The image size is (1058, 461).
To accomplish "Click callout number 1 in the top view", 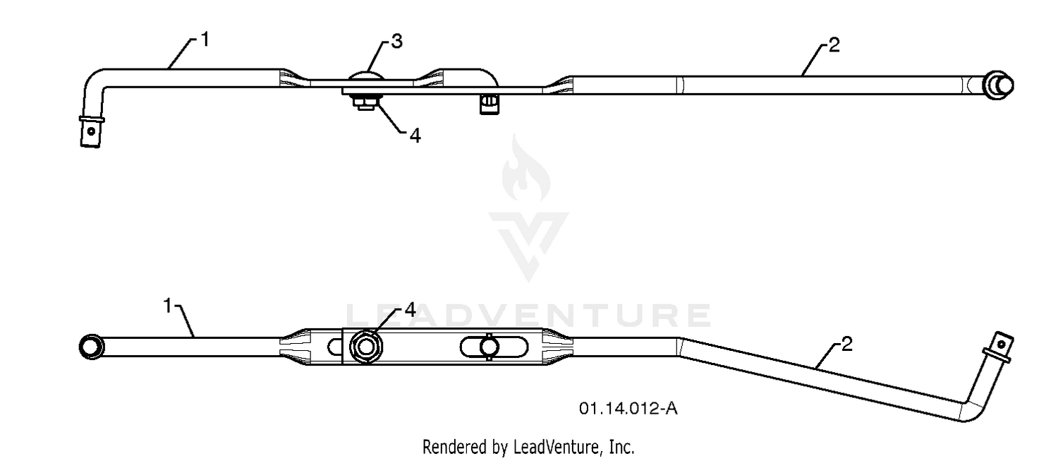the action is click(205, 40).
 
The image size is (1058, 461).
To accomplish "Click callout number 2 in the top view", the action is click(834, 45).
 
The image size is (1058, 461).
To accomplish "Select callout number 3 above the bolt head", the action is click(396, 42).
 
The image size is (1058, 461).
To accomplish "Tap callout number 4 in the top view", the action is click(415, 136).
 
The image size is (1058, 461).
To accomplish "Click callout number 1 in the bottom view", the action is click(168, 306).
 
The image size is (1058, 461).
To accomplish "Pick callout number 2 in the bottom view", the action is click(847, 345).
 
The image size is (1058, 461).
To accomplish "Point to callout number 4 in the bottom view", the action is click(410, 310).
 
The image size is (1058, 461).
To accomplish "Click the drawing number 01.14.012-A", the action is click(628, 409).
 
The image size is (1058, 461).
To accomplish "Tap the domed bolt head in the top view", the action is click(365, 76).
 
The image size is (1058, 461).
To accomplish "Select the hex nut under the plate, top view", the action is click(367, 102).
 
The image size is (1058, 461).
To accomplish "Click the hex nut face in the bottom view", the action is click(366, 347).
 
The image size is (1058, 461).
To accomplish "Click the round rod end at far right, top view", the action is click(998, 85).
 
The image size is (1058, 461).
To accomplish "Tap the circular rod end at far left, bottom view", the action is click(92, 347).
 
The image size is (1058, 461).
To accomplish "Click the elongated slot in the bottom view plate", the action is click(494, 347).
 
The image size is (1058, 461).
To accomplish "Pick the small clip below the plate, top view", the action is click(490, 104).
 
